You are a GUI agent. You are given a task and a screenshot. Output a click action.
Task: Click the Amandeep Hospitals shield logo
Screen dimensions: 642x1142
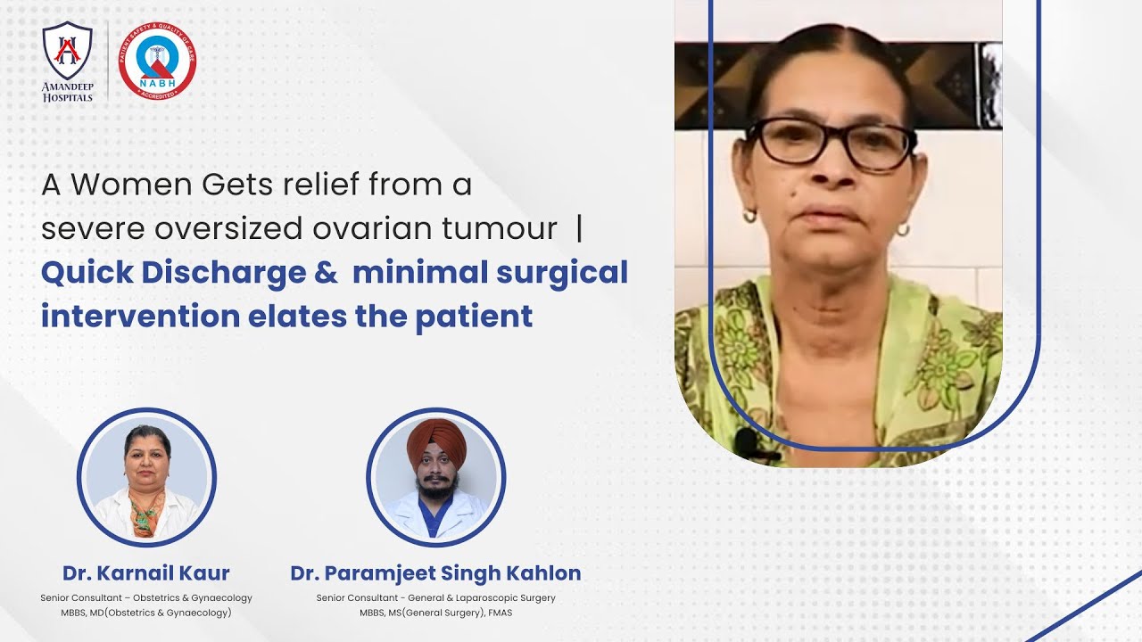click(x=68, y=53)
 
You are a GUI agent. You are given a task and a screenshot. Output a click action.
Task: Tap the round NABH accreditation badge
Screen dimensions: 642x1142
click(x=157, y=61)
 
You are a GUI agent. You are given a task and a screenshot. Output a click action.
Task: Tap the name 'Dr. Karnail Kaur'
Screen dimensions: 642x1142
click(x=146, y=573)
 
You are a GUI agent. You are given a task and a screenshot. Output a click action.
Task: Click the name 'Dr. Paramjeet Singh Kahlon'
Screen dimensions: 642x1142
click(x=435, y=573)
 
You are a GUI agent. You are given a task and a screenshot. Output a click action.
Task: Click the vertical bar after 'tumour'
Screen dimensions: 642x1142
click(x=580, y=229)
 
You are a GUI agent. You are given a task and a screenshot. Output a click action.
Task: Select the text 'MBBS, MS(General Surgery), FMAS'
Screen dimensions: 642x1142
click(x=435, y=613)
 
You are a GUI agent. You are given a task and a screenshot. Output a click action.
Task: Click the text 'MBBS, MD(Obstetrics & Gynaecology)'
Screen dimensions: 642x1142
click(x=146, y=613)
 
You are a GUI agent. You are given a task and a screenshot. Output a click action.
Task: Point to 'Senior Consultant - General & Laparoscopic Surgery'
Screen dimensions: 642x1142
click(x=435, y=597)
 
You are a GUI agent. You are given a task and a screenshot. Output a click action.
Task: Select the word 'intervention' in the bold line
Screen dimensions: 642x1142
click(x=140, y=316)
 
